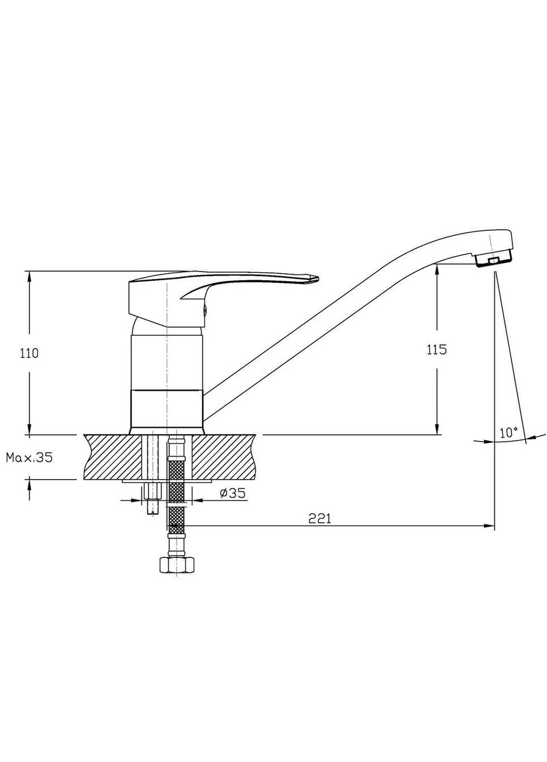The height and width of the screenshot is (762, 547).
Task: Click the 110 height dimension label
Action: [29, 353]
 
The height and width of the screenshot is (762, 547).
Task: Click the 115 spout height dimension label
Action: [437, 349]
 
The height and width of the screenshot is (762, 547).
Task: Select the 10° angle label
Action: [508, 433]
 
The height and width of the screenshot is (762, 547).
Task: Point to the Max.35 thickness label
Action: [29, 458]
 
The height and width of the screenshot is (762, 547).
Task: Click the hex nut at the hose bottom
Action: [177, 565]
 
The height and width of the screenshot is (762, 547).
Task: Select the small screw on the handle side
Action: [205, 309]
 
